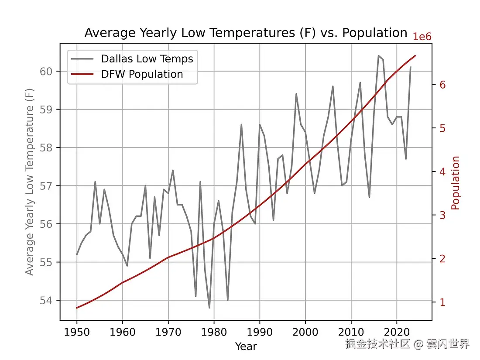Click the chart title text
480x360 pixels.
point(246,33)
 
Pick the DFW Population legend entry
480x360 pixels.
point(142,74)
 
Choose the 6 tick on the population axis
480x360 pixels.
point(442,85)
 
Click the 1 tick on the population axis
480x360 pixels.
point(442,302)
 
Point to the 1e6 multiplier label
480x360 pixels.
point(422,37)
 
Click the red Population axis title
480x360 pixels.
point(456,183)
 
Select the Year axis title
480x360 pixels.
point(246,346)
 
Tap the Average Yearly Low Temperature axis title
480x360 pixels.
point(30,182)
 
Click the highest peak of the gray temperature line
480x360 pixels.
point(378,56)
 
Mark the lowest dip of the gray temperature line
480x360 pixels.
point(209,308)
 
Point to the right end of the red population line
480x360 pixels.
point(415,56)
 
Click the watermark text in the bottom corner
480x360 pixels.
point(407,344)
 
